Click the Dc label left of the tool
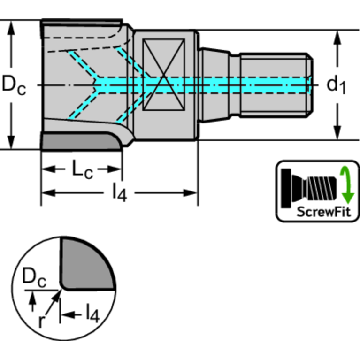tap(14, 85)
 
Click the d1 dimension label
tap(336, 85)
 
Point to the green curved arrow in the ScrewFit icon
tap(348, 183)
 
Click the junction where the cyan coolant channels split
tap(98, 85)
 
